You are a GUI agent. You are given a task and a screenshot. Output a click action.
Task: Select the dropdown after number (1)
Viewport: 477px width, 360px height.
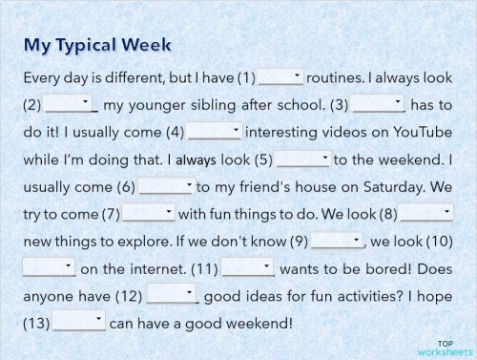point(280,76)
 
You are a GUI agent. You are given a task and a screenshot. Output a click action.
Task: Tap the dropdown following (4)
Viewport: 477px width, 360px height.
point(215,131)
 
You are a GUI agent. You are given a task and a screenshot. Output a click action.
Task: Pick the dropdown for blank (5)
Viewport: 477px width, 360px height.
point(303,159)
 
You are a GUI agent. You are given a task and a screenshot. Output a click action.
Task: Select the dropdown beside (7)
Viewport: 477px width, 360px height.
point(149,213)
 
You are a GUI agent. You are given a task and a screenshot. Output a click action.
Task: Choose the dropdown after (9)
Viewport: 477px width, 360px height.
point(338,240)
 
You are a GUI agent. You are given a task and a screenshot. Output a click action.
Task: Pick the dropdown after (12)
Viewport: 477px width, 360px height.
point(172,295)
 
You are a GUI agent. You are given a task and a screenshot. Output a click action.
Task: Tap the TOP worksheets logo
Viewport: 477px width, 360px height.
point(446,347)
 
